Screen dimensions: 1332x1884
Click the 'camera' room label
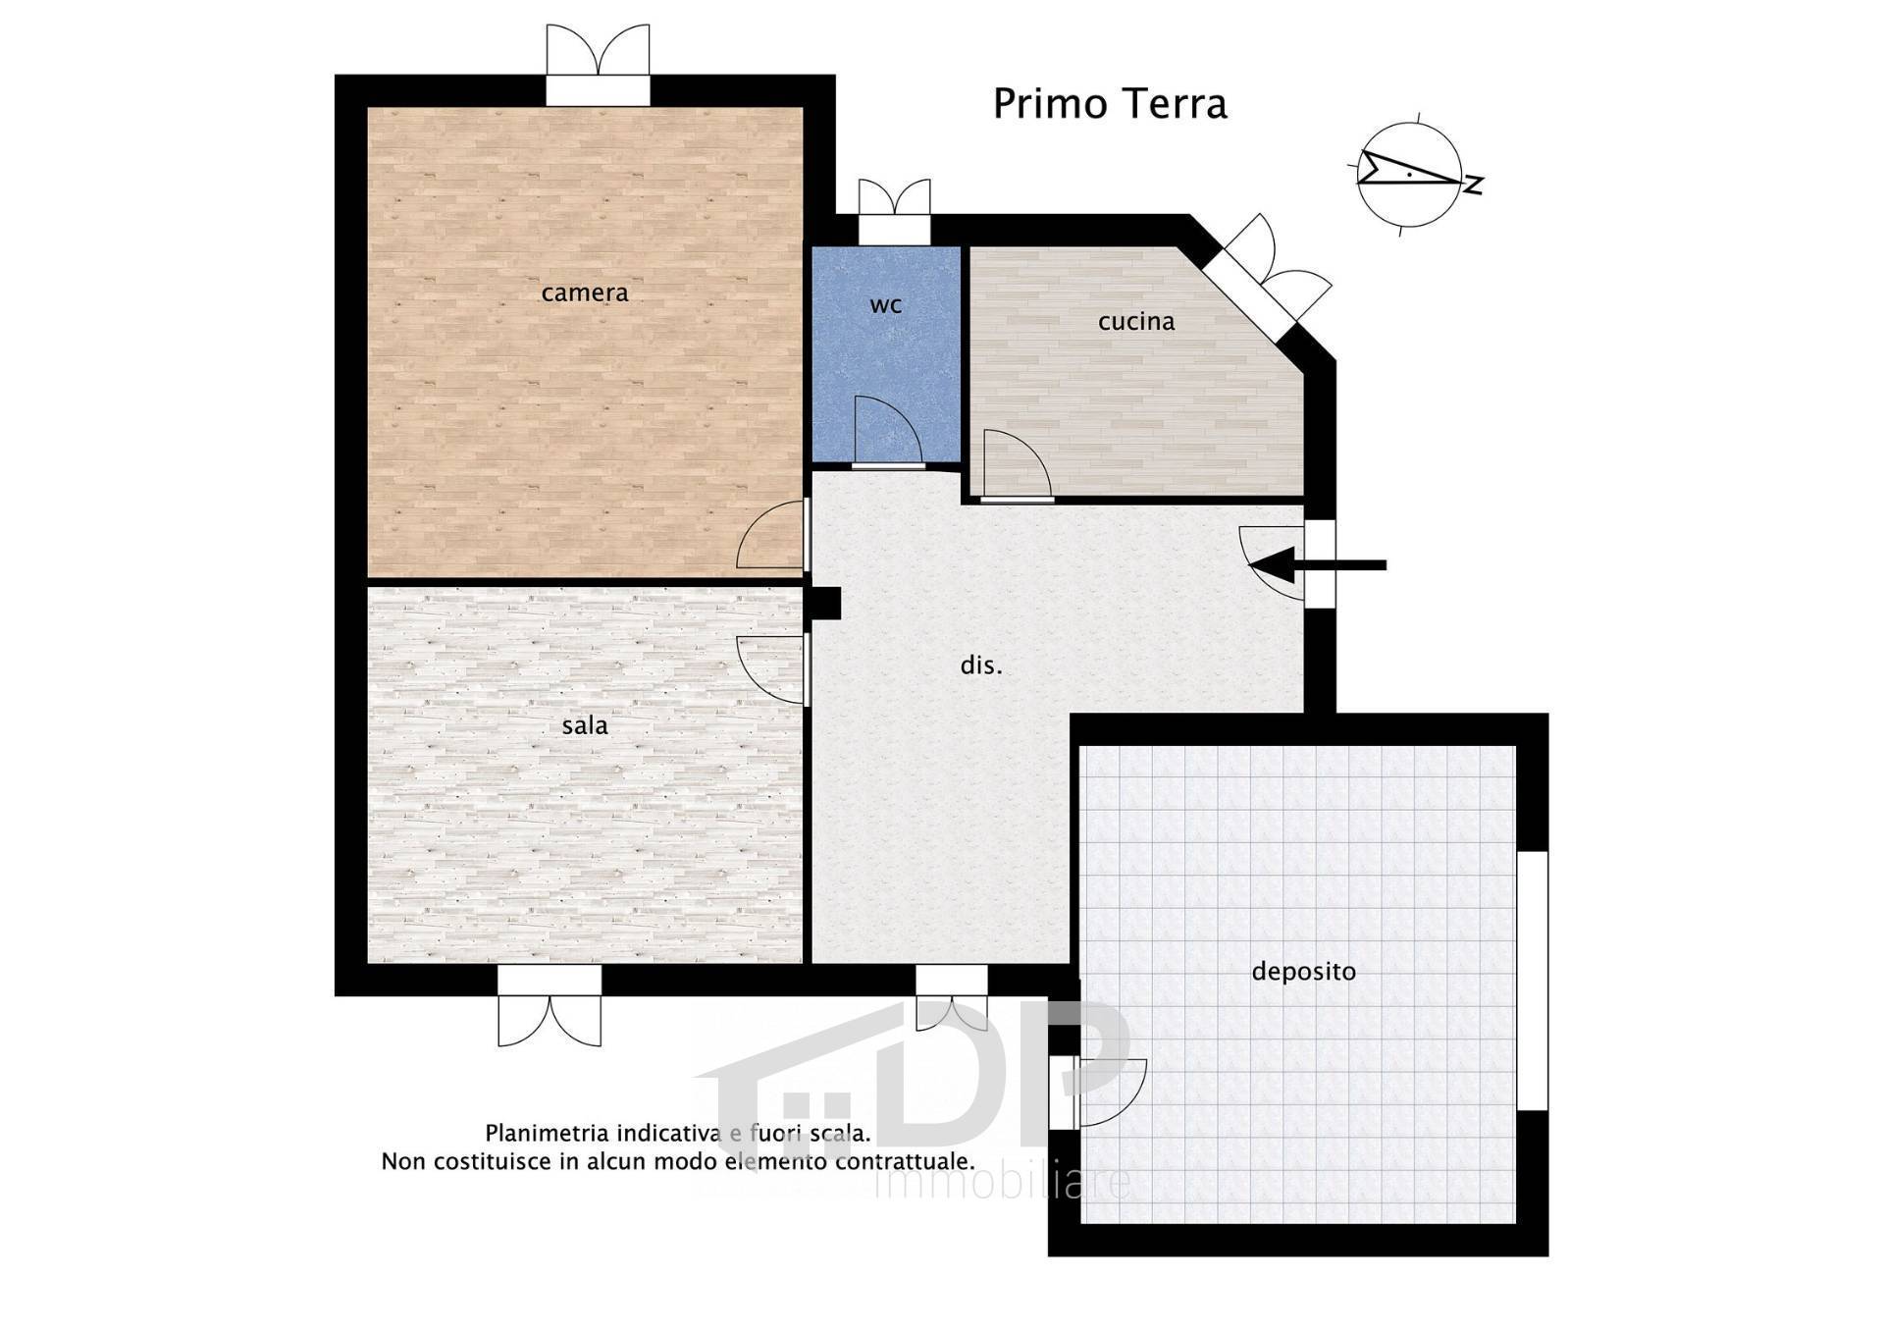point(584,293)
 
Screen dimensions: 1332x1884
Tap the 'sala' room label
point(585,726)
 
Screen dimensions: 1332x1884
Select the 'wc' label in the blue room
point(885,305)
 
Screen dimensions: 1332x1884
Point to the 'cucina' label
point(1136,321)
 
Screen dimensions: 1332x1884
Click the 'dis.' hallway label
point(981,666)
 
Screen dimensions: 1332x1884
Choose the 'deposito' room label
point(1303,972)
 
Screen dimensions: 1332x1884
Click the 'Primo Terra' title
point(1110,104)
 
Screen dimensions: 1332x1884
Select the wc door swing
point(885,432)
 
